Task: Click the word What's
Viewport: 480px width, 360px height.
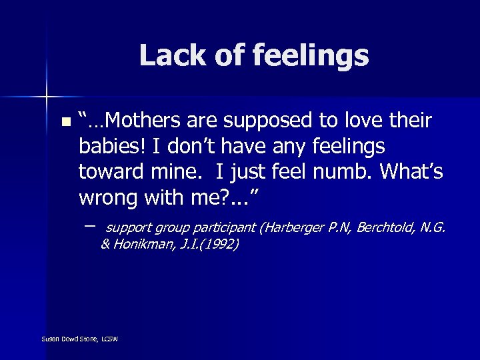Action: point(411,171)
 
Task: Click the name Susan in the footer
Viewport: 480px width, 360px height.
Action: point(50,339)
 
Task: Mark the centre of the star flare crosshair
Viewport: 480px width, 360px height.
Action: point(47,97)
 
